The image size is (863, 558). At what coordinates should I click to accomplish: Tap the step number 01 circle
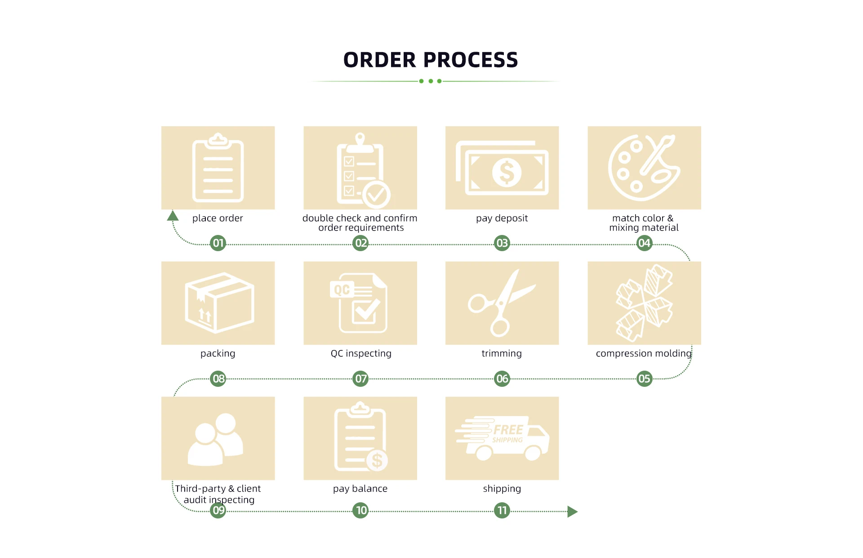218,243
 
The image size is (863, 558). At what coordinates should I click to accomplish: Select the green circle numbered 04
644,243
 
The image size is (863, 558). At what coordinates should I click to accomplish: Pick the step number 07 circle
360,379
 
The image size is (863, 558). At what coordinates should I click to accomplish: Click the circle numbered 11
502,510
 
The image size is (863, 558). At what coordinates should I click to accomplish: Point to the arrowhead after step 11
572,511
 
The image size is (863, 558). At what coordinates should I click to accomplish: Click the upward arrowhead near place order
173,216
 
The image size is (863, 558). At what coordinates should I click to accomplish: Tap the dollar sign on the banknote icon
507,173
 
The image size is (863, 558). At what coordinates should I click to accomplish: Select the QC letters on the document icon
342,290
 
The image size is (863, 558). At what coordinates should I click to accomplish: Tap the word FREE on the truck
508,430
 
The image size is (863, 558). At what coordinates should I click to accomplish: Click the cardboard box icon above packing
219,302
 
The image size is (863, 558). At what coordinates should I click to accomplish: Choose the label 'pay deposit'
502,218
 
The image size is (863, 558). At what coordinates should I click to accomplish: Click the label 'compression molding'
643,354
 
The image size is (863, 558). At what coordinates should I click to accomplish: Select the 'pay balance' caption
360,489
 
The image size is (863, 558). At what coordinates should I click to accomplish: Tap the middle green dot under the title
431,81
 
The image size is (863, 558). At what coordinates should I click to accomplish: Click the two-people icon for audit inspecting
216,439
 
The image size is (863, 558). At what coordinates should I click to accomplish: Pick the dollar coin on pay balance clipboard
377,461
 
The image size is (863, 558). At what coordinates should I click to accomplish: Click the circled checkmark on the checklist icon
376,195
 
